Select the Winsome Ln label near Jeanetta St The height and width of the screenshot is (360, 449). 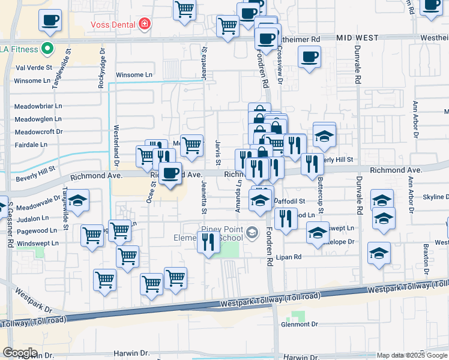click(134, 75)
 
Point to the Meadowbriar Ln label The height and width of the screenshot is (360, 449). click(38, 106)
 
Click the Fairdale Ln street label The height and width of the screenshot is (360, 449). click(31, 145)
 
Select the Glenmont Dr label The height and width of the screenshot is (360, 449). click(300, 324)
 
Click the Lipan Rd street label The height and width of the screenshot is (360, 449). click(289, 257)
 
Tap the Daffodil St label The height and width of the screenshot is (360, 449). click(290, 201)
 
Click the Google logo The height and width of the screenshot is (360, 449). click(20, 353)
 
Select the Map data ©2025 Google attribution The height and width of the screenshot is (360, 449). click(412, 355)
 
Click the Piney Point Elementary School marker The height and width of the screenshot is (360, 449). click(253, 232)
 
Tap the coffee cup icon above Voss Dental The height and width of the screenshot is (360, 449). click(50, 20)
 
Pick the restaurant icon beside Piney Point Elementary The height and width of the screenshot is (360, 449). click(208, 243)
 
